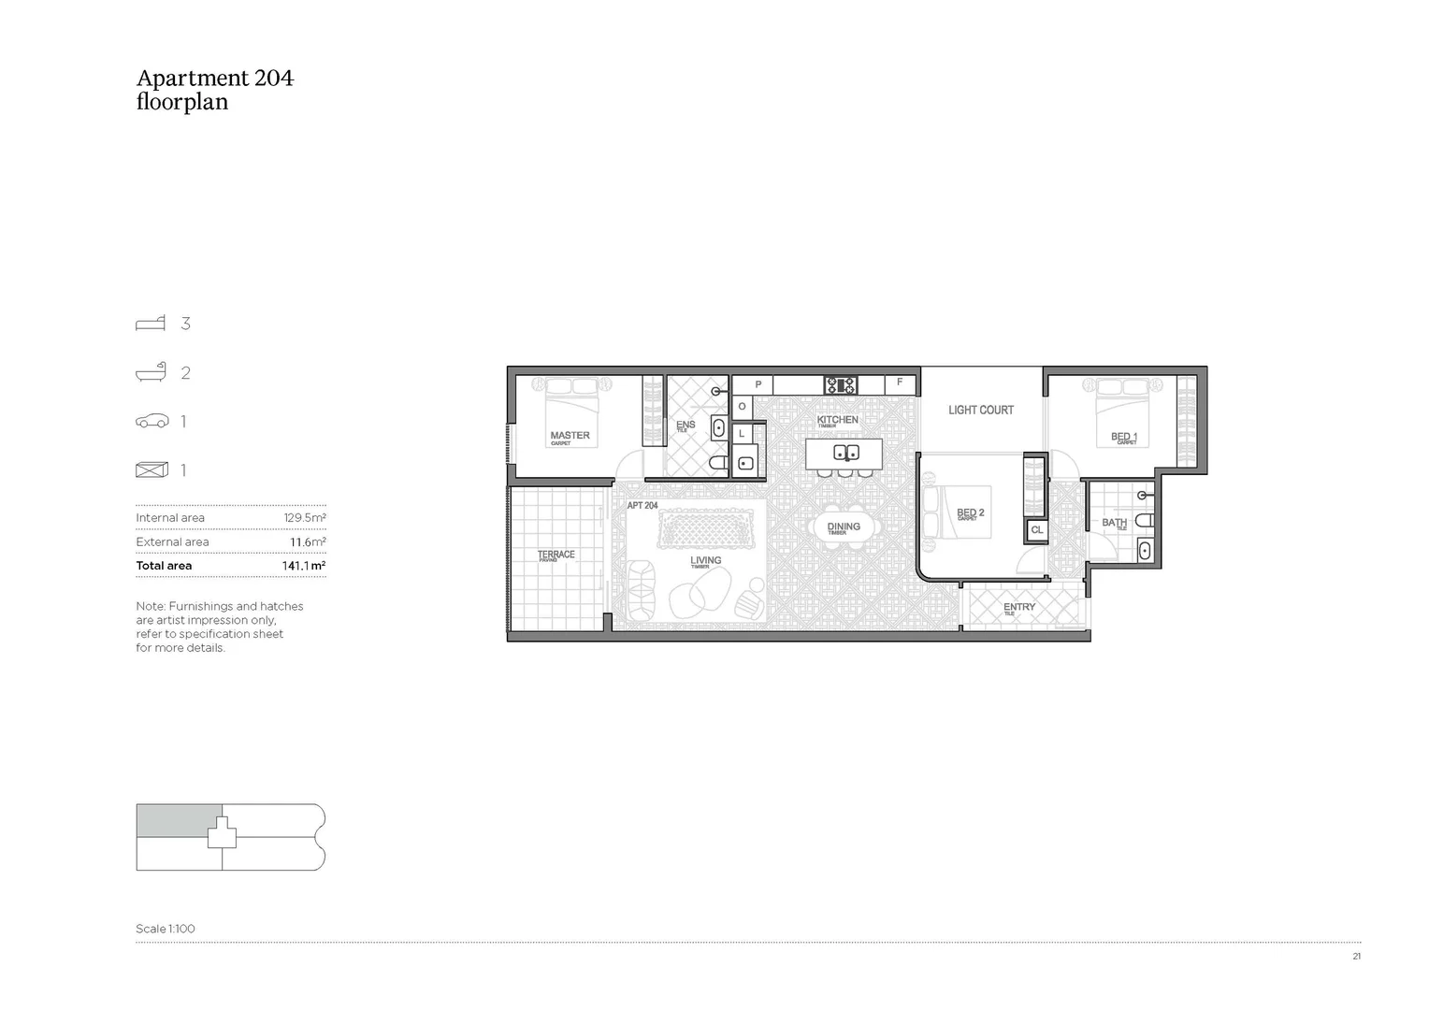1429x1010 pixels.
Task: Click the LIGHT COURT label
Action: pos(980,410)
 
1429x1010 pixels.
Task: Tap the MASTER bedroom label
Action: pos(570,435)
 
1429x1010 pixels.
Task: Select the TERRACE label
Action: pos(556,555)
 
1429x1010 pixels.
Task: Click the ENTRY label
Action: pos(1018,607)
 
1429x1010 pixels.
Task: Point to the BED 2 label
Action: pos(970,512)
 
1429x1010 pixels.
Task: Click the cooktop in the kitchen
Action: pos(840,384)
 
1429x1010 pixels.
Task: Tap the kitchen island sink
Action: pos(845,454)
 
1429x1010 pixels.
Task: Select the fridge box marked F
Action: pos(900,383)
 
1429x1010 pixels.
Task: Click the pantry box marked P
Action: pos(758,384)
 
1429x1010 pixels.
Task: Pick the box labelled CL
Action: pos(1036,530)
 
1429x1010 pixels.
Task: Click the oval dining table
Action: pos(844,527)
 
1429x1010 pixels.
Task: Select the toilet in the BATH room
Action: pos(1145,520)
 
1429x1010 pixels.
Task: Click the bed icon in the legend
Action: pos(151,324)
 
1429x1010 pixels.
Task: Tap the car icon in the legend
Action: pos(152,422)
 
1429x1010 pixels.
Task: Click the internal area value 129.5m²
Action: pos(305,518)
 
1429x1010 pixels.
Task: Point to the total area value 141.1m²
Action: pos(303,566)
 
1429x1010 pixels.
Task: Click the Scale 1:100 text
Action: pos(166,929)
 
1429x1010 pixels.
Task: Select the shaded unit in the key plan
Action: pos(176,819)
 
